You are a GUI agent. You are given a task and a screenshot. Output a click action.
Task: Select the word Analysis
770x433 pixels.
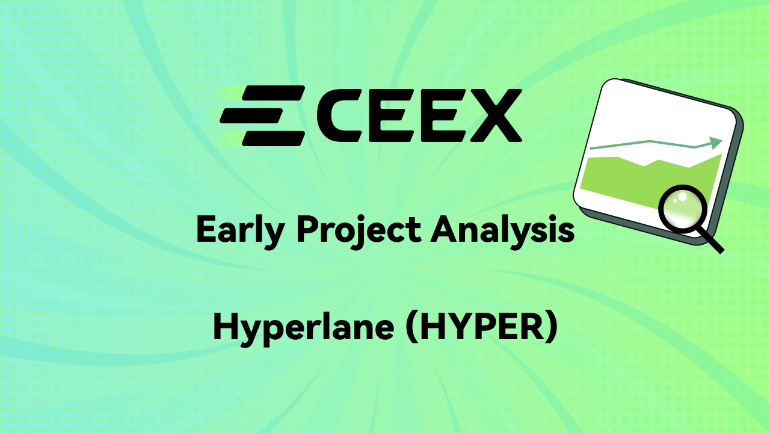502,230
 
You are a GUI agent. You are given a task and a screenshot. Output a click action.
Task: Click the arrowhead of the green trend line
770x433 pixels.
716,143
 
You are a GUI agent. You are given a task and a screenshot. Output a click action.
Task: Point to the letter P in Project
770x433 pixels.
308,229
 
